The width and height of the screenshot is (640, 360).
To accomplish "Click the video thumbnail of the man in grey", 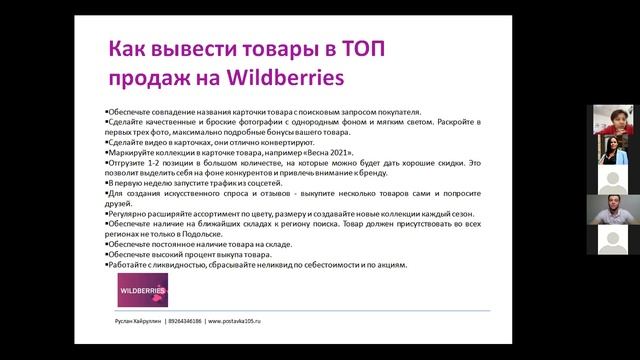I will pyautogui.click(x=612, y=211).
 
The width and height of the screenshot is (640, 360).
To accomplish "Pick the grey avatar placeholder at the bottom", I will pyautogui.click(x=612, y=241).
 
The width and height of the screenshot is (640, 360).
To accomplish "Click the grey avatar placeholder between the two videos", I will pyautogui.click(x=612, y=180).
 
